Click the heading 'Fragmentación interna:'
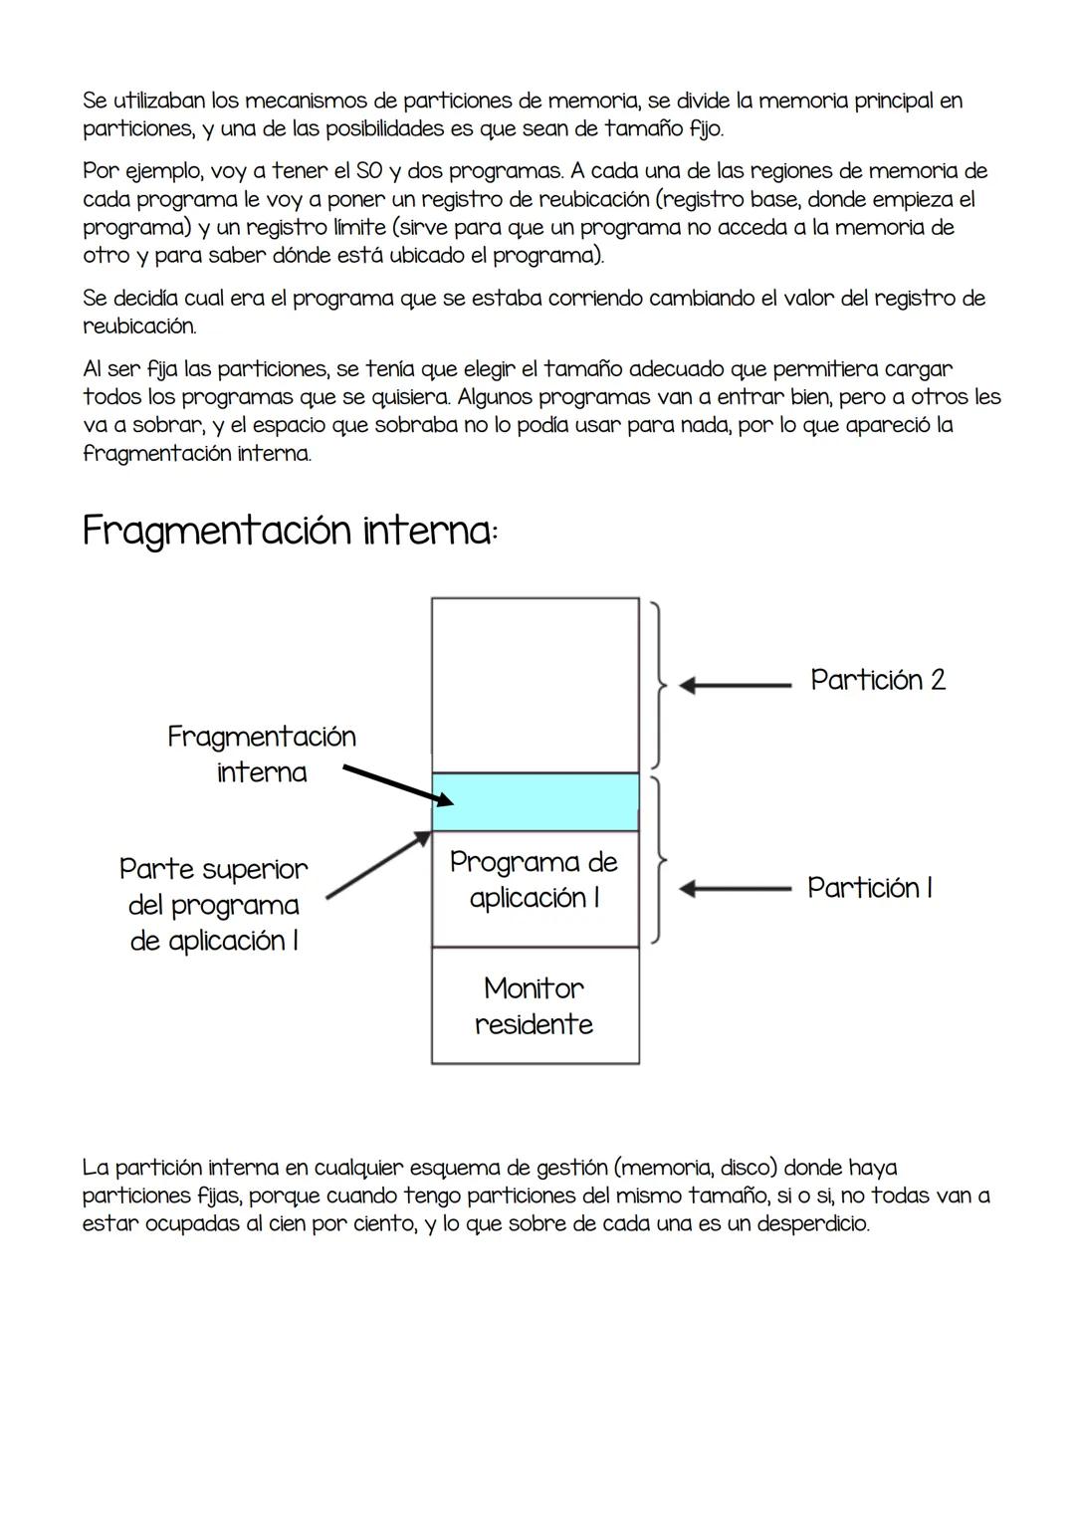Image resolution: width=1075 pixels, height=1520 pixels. [x=290, y=531]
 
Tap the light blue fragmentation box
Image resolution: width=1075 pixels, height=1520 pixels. [x=535, y=801]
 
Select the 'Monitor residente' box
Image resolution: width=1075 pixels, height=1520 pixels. [x=535, y=1005]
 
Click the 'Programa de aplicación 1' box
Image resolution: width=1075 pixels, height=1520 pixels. [x=535, y=880]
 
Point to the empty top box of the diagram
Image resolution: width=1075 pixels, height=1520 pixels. [x=535, y=684]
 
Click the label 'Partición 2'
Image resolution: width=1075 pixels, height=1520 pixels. [x=877, y=680]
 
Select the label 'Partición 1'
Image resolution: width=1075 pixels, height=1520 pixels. [x=869, y=887]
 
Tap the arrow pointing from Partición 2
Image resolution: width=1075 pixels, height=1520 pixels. [x=734, y=685]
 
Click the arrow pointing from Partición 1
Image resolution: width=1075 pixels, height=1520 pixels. [x=734, y=887]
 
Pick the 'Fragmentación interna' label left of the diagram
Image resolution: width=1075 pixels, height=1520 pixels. [x=261, y=754]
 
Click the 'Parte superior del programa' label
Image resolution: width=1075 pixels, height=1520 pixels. [x=213, y=904]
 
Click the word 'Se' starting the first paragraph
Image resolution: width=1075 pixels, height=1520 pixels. [x=95, y=101]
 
